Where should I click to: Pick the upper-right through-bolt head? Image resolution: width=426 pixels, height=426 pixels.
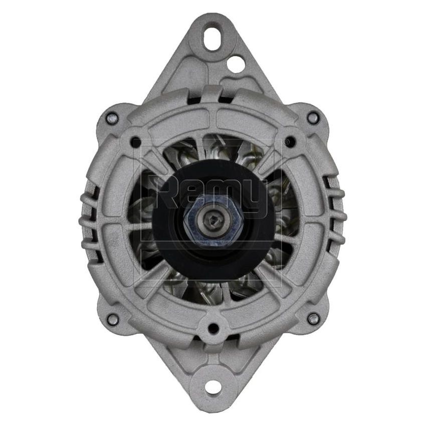tap(314, 118)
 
